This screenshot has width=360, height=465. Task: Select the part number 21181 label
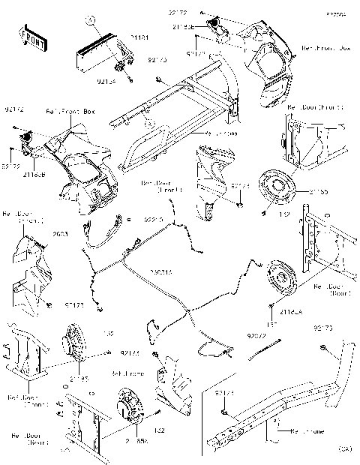tap(139, 37)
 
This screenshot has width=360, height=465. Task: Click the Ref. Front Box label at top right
tap(325, 47)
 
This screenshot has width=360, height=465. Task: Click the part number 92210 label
tap(153, 220)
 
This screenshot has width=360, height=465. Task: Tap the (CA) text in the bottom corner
tap(343, 448)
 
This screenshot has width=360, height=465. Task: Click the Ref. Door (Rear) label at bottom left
tap(31, 438)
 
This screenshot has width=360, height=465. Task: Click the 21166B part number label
tap(34, 174)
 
